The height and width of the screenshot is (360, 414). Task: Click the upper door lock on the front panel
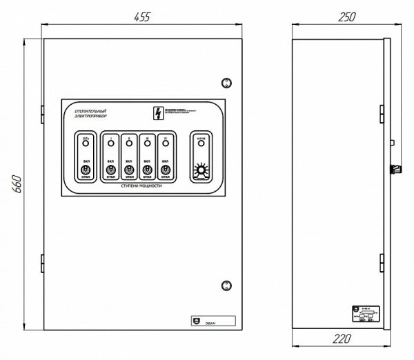pyautogui.click(x=225, y=83)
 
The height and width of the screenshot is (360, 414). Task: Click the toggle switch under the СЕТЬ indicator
pyautogui.click(x=86, y=169)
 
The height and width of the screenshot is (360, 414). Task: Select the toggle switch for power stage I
pyautogui.click(x=110, y=169)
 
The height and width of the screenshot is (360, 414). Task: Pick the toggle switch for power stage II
pyautogui.click(x=129, y=169)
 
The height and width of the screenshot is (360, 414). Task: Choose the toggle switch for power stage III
pyautogui.click(x=147, y=169)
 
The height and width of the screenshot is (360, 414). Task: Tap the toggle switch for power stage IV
pyautogui.click(x=165, y=169)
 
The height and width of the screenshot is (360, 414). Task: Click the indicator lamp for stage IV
pyautogui.click(x=165, y=146)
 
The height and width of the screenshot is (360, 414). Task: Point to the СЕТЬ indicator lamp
pyautogui.click(x=86, y=146)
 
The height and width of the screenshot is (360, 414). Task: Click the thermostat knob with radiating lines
pyautogui.click(x=201, y=170)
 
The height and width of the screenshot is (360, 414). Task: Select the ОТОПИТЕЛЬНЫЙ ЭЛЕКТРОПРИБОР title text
pyautogui.click(x=90, y=114)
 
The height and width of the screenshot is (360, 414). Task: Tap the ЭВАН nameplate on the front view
pyautogui.click(x=212, y=320)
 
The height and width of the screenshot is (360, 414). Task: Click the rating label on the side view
pyautogui.click(x=364, y=313)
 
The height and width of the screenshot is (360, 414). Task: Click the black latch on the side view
pyautogui.click(x=397, y=168)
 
